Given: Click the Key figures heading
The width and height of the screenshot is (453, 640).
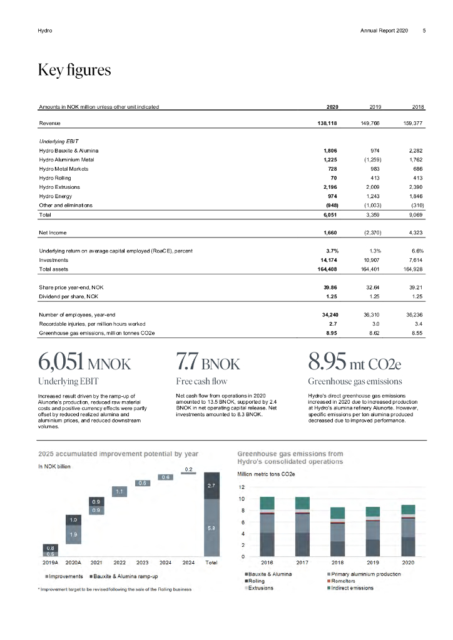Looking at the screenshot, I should pos(74,70).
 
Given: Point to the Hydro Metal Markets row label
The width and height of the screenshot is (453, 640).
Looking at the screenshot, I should pos(63,169).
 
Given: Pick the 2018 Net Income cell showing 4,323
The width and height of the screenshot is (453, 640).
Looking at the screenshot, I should pos(414,232).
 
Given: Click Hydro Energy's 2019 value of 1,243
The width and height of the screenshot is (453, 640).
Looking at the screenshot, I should pos(373,196).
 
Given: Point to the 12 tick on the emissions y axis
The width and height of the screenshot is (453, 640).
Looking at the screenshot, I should pos(242,487).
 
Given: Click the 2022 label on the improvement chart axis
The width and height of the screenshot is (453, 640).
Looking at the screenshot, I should pos(120,562).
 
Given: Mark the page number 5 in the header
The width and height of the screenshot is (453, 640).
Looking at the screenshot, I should pos(424,31).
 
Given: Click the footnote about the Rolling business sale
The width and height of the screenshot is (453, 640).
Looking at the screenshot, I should pos(115,589).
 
